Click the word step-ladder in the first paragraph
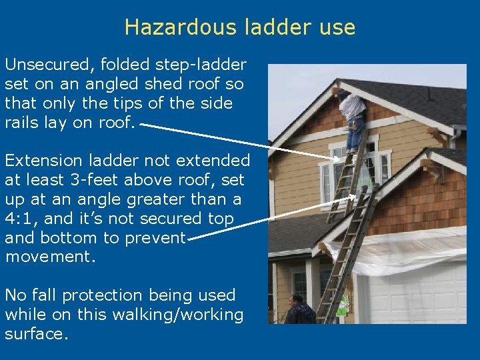tap(201, 65)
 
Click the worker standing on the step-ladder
tap(352, 117)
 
